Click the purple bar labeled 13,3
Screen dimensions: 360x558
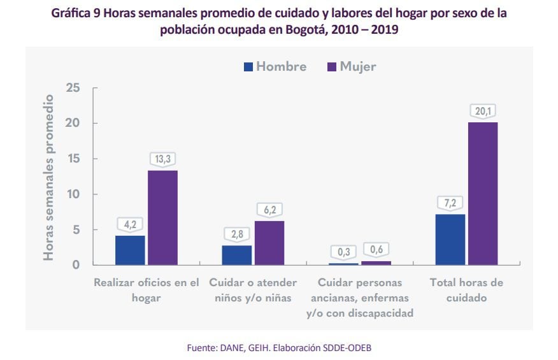click(x=162, y=217)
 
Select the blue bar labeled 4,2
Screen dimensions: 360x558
click(x=130, y=250)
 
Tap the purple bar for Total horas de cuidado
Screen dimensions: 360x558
click(x=482, y=193)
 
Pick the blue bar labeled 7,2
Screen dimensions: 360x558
click(x=450, y=239)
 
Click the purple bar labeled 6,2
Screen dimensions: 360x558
click(x=269, y=243)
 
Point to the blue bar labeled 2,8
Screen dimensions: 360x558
click(x=236, y=255)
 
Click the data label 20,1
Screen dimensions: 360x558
click(x=483, y=112)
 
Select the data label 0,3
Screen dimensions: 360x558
click(x=343, y=252)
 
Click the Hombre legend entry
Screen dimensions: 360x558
click(x=275, y=66)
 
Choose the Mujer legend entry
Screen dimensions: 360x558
click(x=351, y=66)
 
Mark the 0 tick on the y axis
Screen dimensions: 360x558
click(x=76, y=264)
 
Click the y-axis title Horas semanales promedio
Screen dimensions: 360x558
click(x=48, y=177)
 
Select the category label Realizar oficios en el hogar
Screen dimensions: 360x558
click(x=147, y=290)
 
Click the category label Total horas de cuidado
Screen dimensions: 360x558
click(x=466, y=290)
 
